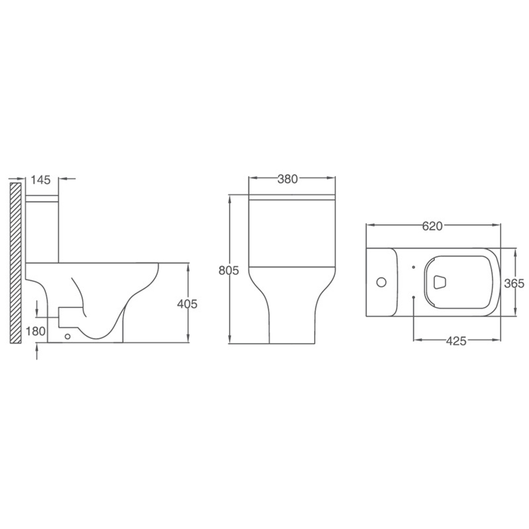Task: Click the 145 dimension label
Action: tap(41, 180)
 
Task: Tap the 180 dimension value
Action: tap(35, 331)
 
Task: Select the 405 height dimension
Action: tap(187, 304)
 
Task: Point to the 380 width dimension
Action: tap(287, 179)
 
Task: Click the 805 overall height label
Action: tap(229, 270)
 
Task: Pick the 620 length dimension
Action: tap(432, 226)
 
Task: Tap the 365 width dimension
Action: tap(514, 284)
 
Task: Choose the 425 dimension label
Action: tap(456, 341)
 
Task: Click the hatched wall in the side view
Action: tap(15, 263)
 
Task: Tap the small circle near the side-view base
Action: tap(68, 336)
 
